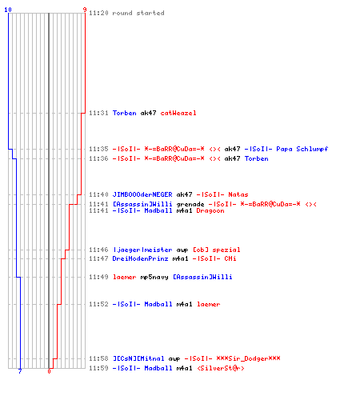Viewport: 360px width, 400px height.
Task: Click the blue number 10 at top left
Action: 8,10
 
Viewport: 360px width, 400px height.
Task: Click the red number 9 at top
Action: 85,10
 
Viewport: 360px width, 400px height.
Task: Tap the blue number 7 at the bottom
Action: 20,371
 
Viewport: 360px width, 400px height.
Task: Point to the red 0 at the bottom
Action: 49,371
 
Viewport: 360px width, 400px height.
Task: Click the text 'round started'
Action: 138,13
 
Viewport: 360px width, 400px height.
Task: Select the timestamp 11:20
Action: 98,13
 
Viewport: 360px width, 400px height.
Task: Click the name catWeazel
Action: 178,113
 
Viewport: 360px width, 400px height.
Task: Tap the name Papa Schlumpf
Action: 302,149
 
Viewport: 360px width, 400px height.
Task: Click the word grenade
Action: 190,205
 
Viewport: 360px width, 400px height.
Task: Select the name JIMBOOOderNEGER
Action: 142,194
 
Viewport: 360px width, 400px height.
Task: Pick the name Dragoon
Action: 210,211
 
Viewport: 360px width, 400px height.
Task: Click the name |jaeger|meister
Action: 142,250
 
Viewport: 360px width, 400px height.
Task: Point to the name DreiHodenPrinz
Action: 140,258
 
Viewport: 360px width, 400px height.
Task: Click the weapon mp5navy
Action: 154,278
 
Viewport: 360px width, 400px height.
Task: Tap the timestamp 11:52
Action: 98,304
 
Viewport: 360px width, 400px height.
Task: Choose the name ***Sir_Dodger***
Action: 248,358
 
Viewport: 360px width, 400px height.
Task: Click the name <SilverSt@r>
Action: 221,368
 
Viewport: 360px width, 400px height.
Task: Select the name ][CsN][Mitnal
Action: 138,358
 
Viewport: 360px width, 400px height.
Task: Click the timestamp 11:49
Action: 98,277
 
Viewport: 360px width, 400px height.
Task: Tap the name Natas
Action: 238,194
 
